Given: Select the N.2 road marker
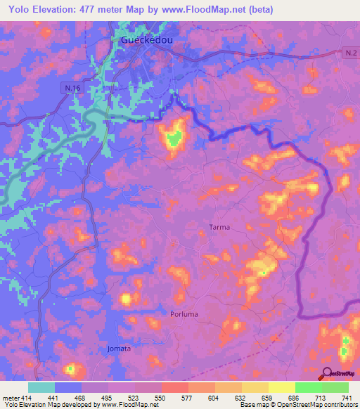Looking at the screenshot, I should point(351,53).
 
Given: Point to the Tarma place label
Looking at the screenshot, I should point(219,228).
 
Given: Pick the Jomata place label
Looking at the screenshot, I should point(119,348).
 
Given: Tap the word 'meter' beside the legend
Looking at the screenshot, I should point(11,398).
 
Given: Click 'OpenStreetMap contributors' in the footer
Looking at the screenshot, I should point(315,405).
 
